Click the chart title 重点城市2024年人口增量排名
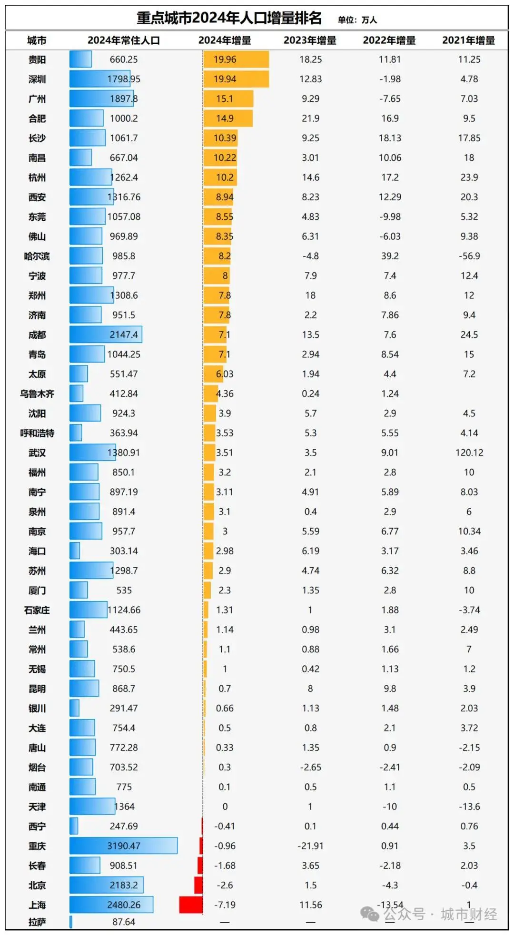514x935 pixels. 229,18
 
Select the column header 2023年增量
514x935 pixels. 310,40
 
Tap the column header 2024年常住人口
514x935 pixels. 124,40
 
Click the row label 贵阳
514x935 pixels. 37,59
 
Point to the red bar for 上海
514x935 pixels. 191,905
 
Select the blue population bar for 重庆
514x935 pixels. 123,846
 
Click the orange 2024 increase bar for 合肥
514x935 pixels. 228,118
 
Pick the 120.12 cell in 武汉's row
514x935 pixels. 469,453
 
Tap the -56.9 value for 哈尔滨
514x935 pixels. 469,256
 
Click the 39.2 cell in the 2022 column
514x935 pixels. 390,256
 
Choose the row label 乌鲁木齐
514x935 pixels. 37,394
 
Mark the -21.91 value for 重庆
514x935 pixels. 310,846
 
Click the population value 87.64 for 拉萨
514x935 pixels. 124,922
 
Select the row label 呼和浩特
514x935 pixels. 37,433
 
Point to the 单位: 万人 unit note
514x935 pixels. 357,20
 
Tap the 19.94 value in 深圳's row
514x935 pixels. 225,79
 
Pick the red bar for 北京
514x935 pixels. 198,885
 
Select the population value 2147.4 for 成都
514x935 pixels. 124,335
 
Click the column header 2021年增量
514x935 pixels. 468,40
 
